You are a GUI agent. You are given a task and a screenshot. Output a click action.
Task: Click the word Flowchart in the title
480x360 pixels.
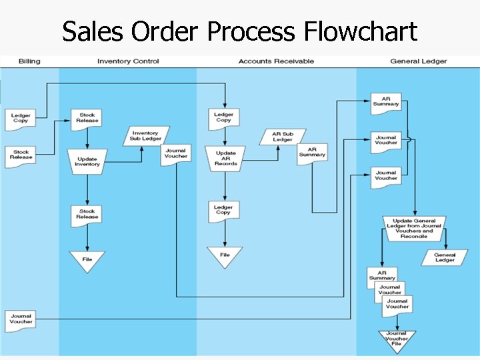(x=360, y=31)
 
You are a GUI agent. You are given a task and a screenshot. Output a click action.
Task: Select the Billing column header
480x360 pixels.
(x=29, y=61)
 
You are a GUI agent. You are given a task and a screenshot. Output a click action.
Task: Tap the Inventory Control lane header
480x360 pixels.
(x=128, y=61)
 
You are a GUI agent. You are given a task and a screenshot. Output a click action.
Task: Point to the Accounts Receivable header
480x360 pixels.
(x=276, y=61)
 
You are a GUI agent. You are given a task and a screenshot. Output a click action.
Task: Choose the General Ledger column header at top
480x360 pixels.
(x=419, y=61)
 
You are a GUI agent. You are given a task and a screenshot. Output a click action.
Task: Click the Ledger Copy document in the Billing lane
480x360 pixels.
(x=21, y=118)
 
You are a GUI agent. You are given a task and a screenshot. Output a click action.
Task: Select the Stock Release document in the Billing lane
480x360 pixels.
(x=21, y=155)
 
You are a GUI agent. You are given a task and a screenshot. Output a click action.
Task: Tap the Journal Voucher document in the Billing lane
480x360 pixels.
(x=21, y=319)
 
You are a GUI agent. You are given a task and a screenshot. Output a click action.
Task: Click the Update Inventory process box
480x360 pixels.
(x=87, y=161)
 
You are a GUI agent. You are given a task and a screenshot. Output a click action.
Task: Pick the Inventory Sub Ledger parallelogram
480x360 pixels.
(x=146, y=136)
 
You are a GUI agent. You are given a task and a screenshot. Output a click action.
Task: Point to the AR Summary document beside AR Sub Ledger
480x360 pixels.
(x=312, y=153)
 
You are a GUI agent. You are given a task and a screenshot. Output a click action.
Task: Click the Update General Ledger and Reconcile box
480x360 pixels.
(x=414, y=228)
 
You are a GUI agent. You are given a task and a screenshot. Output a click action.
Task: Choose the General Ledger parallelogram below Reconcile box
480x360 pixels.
(x=445, y=257)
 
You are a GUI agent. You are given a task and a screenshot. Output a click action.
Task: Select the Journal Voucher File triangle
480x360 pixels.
(x=396, y=339)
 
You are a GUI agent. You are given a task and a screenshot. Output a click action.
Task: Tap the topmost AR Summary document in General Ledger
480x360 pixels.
(x=386, y=102)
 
